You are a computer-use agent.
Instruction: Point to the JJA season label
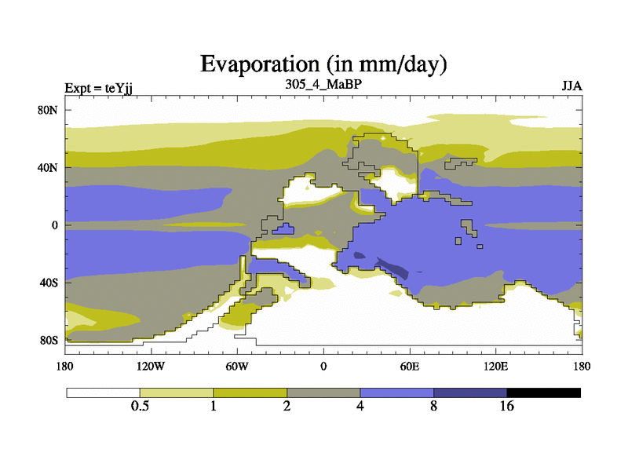[571, 86]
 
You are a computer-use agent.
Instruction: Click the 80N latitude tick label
[49, 110]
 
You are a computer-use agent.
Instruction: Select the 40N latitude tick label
[49, 167]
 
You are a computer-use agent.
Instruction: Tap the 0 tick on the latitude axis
[55, 225]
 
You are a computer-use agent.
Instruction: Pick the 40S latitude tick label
[49, 282]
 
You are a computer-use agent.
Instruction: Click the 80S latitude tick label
[49, 340]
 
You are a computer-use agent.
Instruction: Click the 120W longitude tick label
[151, 367]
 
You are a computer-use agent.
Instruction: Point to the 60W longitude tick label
[237, 367]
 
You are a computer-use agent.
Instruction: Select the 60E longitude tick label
[409, 367]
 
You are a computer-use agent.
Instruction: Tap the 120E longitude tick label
[495, 367]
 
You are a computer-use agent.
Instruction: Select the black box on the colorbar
[543, 392]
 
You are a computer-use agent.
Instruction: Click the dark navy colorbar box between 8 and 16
[470, 392]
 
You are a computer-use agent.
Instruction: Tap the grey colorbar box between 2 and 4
[323, 392]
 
